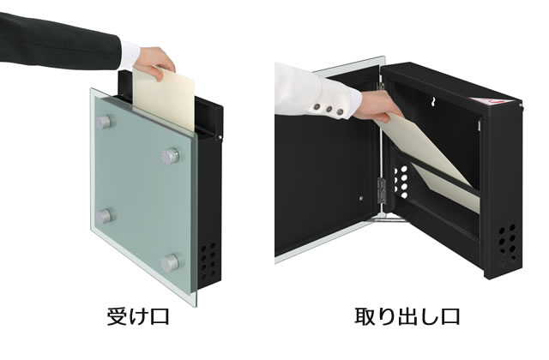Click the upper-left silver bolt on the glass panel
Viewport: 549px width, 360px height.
point(106,123)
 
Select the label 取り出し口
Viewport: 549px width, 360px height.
point(407,317)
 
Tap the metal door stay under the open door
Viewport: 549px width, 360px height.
point(390,219)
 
